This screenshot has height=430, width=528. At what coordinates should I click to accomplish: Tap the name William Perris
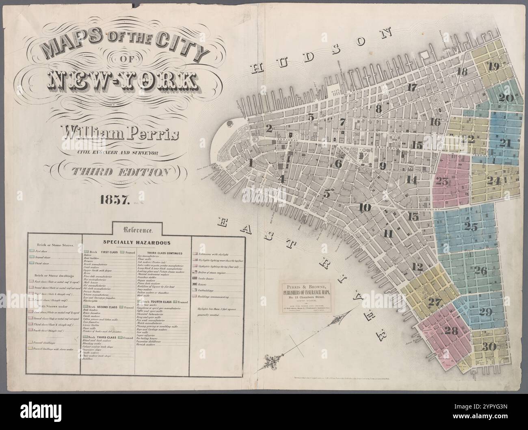click(119, 133)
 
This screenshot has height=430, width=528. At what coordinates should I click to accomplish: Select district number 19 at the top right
click(494, 67)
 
